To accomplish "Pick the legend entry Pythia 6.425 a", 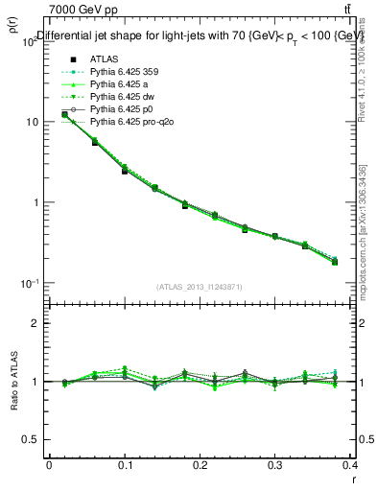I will point(101,84).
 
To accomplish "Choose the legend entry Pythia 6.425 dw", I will point(104,98).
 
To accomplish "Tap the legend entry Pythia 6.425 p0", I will point(104,110).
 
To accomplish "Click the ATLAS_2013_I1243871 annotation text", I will point(199,287).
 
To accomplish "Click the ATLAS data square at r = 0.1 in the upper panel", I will point(125,171).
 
